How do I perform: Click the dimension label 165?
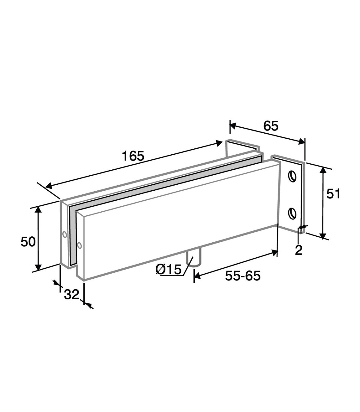[133, 156]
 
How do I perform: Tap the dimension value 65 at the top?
[271, 126]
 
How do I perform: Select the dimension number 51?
[333, 194]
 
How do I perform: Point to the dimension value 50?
[28, 242]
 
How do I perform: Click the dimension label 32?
[72, 294]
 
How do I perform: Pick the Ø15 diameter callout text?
[169, 269]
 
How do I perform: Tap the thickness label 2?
[299, 250]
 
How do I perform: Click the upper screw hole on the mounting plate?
[292, 177]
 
